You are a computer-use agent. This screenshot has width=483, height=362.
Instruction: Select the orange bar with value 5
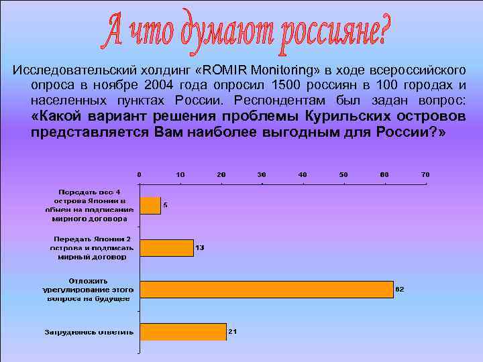[150, 205]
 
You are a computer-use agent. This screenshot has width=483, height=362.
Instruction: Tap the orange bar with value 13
[166, 247]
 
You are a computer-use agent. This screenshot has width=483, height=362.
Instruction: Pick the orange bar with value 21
[182, 331]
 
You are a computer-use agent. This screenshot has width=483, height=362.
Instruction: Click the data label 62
[400, 289]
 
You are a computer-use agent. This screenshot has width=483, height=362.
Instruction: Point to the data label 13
[200, 247]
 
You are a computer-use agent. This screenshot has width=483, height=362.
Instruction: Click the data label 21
[233, 331]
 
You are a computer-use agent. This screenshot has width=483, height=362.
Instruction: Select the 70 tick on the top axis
[425, 174]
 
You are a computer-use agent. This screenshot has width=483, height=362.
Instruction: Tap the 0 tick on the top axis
[139, 174]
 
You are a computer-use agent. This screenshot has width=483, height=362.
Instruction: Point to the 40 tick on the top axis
[303, 174]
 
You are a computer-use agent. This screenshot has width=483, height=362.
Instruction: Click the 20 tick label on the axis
[221, 174]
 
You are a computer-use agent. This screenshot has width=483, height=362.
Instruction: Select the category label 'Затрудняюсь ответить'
[89, 332]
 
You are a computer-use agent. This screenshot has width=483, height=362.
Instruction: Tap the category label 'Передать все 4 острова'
[90, 205]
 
